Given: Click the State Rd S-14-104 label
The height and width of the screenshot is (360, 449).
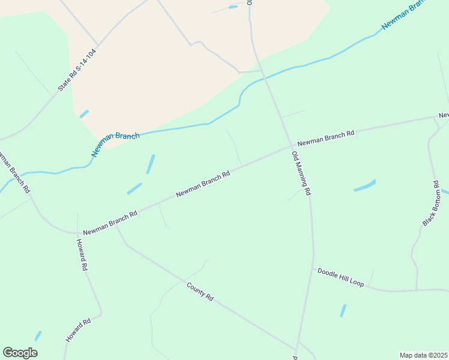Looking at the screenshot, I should [77, 70].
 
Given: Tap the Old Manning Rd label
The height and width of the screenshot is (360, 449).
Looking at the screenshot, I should [301, 173].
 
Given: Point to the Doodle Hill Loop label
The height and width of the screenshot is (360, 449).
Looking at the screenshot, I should [340, 277].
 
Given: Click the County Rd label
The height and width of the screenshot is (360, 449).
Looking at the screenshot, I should [200, 292].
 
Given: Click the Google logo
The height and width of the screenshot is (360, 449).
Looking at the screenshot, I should [20, 353].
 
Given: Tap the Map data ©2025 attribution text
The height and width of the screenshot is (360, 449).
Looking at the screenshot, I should [423, 355].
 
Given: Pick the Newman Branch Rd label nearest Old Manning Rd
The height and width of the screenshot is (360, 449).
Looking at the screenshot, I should [326, 138].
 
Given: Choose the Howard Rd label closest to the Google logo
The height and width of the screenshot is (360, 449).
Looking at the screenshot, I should [78, 330].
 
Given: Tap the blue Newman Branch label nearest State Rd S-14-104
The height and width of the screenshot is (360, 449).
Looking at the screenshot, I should [115, 145].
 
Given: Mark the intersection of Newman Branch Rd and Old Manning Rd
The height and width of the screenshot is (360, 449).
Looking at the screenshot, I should [292, 145].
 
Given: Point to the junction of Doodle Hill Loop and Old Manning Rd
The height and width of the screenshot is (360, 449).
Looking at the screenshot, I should [312, 268].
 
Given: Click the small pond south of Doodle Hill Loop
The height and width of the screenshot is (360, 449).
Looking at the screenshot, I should [343, 310].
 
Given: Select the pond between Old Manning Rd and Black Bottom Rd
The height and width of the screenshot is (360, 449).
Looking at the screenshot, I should [365, 186].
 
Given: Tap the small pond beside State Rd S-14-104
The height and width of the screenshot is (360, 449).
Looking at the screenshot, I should [84, 113].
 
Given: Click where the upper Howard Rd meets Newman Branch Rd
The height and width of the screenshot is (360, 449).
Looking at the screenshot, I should [77, 233].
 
